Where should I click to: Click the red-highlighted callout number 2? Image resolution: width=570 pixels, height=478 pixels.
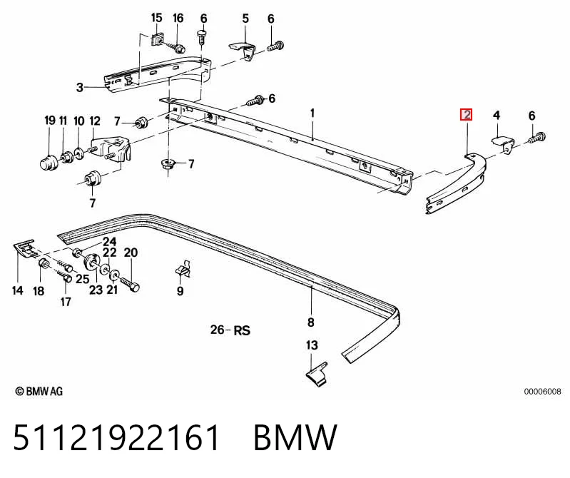point(466,115)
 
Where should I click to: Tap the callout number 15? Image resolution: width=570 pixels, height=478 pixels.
point(156,17)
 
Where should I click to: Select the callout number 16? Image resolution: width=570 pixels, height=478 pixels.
point(178,17)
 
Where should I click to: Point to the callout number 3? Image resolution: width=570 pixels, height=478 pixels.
point(80,87)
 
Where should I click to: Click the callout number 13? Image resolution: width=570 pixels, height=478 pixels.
point(312,345)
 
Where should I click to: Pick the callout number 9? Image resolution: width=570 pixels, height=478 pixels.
point(180,291)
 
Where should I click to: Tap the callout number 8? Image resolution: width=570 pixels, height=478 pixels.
point(310,322)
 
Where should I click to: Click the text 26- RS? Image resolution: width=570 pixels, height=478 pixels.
point(230,330)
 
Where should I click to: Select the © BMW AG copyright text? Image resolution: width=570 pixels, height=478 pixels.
point(39,392)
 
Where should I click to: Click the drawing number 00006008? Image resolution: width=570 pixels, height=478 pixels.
point(542,392)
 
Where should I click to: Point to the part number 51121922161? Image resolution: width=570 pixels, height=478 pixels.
point(116,437)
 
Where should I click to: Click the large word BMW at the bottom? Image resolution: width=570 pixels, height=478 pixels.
point(295,437)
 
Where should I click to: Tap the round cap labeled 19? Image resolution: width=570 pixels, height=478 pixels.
point(48,162)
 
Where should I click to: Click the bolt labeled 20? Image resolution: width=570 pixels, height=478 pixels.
point(130,283)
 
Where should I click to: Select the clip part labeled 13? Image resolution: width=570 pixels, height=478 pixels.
point(316,374)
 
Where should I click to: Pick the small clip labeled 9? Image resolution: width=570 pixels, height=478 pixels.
point(183,269)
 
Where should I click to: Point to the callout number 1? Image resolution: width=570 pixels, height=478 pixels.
point(312,113)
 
